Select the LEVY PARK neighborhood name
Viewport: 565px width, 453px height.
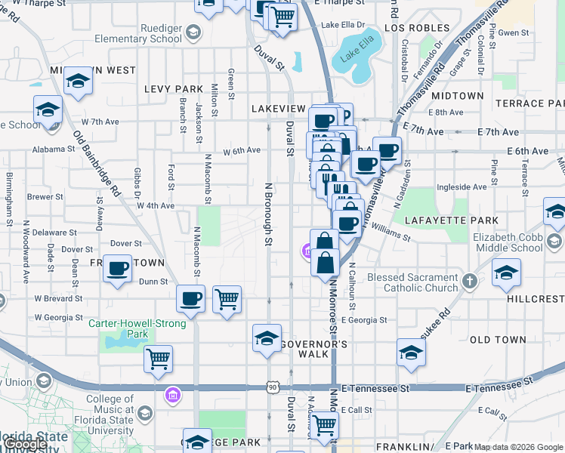174,89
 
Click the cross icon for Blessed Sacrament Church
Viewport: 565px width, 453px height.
470,282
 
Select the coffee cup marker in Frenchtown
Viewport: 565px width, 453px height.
118,269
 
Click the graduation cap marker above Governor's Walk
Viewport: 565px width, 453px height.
267,338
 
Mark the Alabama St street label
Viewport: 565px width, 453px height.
54,149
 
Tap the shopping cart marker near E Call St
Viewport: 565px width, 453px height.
325,425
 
